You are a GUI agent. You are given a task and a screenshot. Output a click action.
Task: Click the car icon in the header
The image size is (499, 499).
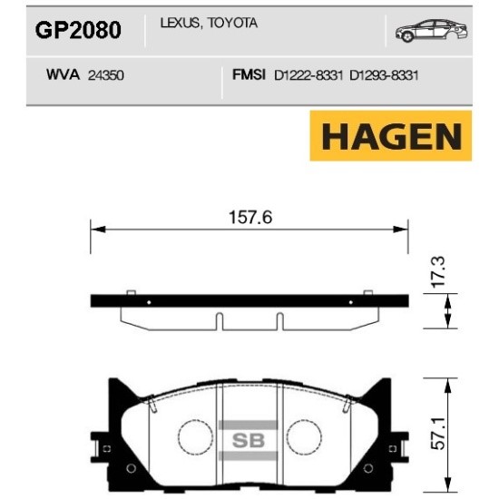pyautogui.click(x=426, y=32)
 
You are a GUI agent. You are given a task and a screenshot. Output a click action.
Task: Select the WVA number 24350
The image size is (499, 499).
pyautogui.click(x=106, y=78)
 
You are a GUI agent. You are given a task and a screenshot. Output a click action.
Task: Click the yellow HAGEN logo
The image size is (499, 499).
pyautogui.click(x=391, y=136)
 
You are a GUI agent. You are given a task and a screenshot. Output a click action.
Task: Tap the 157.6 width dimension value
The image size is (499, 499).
pyautogui.click(x=249, y=216)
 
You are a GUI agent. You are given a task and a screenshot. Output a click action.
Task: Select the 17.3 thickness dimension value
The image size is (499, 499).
pyautogui.click(x=439, y=271)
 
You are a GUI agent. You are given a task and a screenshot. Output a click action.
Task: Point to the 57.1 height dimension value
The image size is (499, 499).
pyautogui.click(x=440, y=434)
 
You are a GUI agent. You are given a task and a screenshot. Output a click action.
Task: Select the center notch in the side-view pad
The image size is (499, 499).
pyautogui.click(x=220, y=321)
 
